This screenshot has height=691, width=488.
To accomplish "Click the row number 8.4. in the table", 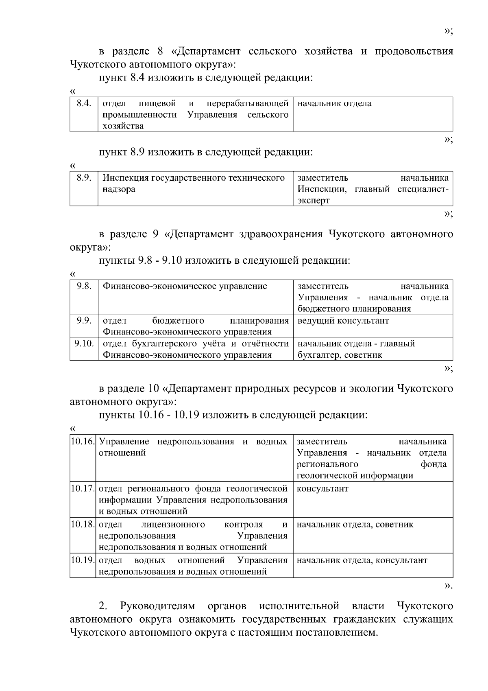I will pos(84,103).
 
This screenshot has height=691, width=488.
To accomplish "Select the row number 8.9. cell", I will pos(84,178).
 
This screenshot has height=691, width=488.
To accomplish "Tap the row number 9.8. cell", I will pos(84,286).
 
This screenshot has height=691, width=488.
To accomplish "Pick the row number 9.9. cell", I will pos(84,320).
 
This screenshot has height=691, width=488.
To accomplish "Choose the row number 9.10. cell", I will pos(84,343).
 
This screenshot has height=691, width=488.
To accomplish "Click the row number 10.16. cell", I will pos(83,442).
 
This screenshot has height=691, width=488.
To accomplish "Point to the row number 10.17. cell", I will pos(83,488).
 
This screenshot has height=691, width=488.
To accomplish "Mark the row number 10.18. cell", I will pos(83,524).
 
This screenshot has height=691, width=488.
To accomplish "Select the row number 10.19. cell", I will pos(83,560).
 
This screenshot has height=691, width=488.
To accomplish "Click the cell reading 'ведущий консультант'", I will pos(343,321).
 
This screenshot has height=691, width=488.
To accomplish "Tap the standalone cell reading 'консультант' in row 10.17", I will pos(322,489).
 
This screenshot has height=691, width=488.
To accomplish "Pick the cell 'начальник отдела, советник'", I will pos(355,525).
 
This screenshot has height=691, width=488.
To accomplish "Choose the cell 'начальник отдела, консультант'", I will pos(362,560).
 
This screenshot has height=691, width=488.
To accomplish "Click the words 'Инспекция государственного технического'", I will pos(193,178).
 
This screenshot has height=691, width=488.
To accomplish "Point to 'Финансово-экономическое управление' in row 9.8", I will pos(185,286).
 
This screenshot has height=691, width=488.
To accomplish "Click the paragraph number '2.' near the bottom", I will pos(103,606).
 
